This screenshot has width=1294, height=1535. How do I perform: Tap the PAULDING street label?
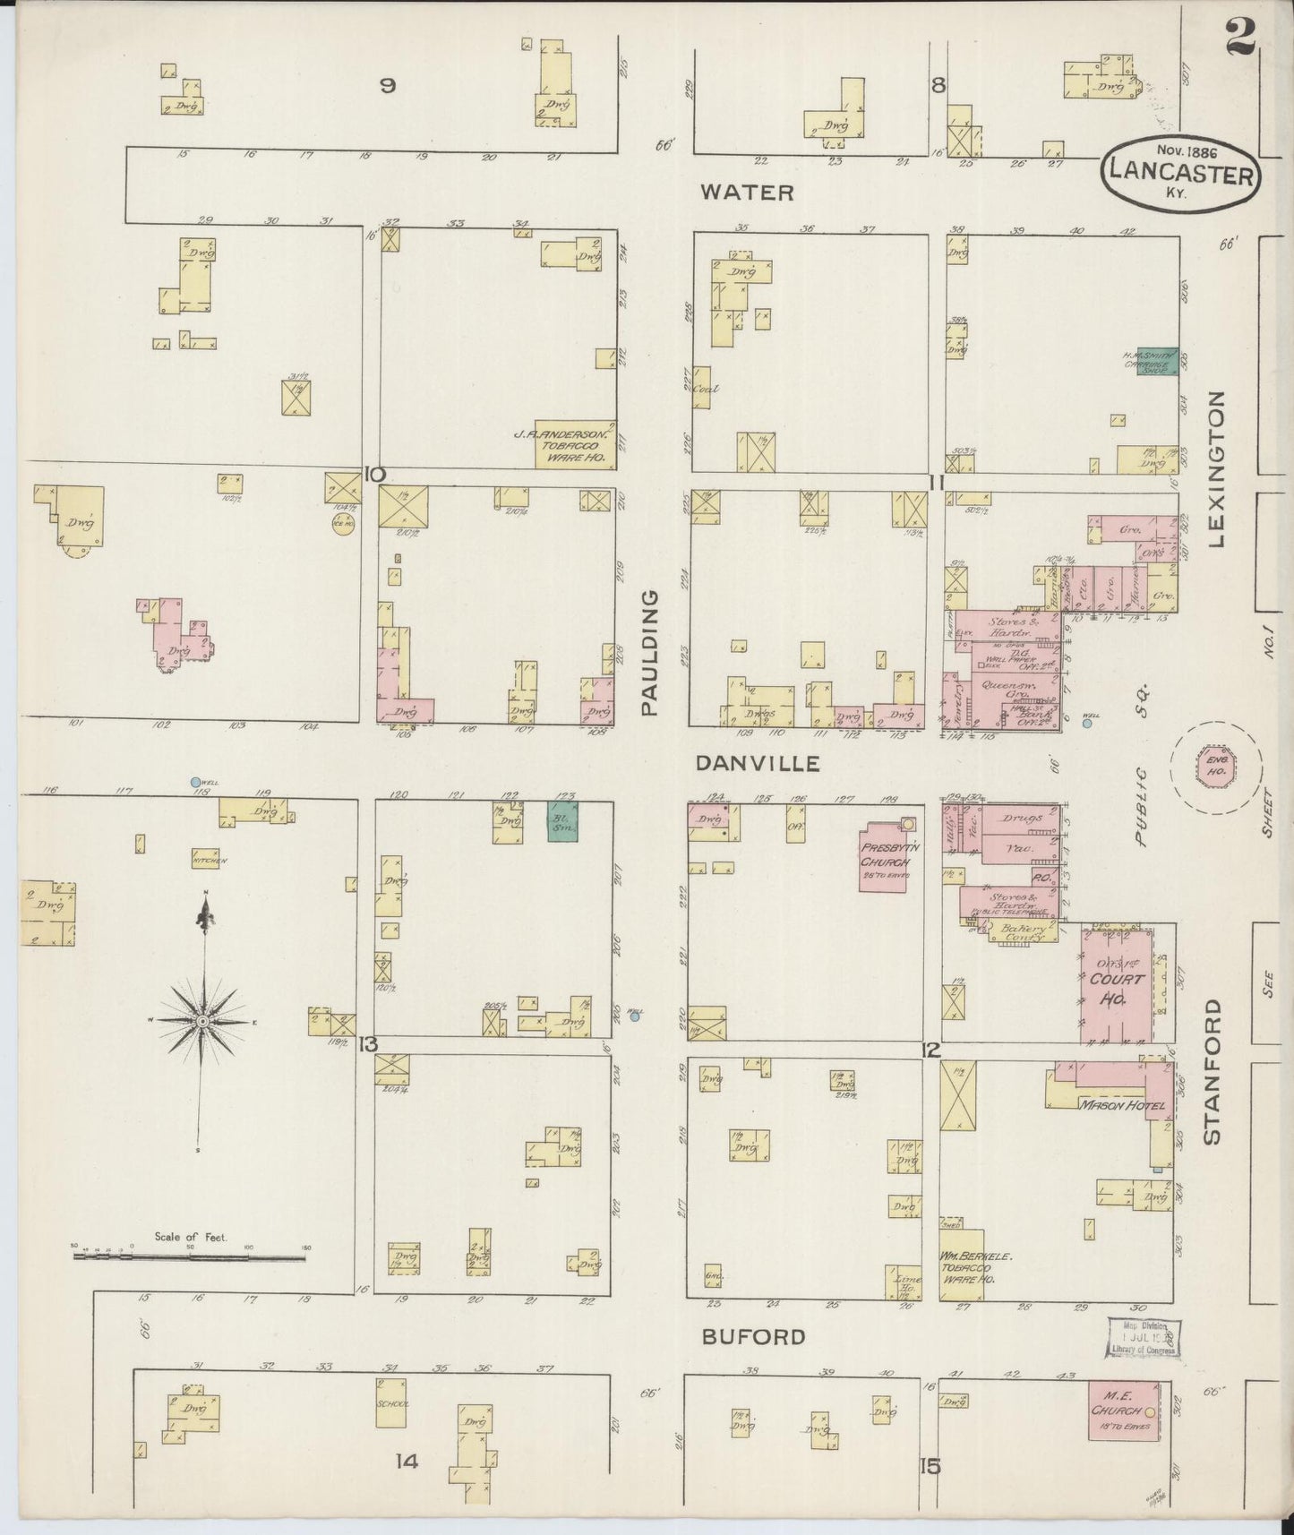pyautogui.click(x=649, y=652)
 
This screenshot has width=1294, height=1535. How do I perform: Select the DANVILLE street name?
pyautogui.click(x=758, y=763)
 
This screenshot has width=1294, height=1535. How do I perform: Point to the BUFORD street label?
pyautogui.click(x=753, y=1337)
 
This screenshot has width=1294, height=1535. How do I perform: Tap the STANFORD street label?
pyautogui.click(x=1213, y=1071)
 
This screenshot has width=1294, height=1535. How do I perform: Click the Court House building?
pyautogui.click(x=1116, y=985)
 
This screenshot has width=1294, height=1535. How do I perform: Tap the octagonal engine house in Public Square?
pyautogui.click(x=1216, y=768)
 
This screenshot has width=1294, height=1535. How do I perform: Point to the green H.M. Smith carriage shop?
pyautogui.click(x=1157, y=361)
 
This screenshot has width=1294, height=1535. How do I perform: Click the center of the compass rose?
pyautogui.click(x=203, y=1021)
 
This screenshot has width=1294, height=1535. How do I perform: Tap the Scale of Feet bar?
pyautogui.click(x=190, y=1256)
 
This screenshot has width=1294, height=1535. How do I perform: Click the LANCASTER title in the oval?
pyautogui.click(x=1180, y=172)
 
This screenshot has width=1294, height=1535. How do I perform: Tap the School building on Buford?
pyautogui.click(x=392, y=1402)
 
